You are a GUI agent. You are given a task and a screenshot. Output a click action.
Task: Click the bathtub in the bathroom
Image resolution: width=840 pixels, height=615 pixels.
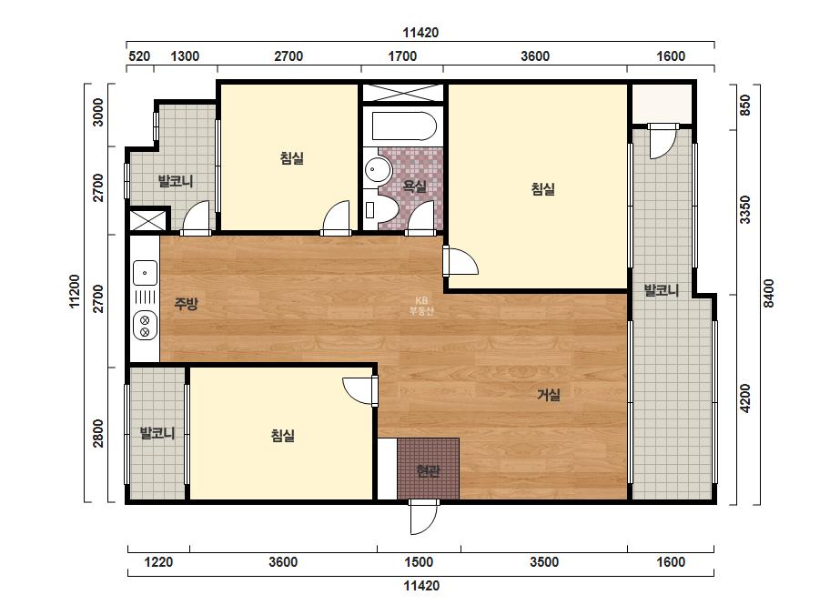coord(404,126)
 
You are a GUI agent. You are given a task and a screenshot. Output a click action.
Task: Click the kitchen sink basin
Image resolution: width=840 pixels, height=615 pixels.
coord(145,273)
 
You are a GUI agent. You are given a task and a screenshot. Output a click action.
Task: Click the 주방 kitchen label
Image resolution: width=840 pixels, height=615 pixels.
coord(186,304)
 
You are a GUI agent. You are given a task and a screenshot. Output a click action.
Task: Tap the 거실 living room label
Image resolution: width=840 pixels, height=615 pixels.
coord(549,395)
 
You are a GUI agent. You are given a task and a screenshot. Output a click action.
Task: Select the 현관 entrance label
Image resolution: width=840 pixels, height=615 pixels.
coord(428,471)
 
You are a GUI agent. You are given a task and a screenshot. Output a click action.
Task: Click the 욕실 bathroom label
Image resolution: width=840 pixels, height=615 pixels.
coord(415,187)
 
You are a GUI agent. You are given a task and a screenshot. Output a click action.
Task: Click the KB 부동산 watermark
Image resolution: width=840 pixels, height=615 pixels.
coord(421,306)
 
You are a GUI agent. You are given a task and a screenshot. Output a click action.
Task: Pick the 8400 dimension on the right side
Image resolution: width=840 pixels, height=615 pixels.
coord(769,294)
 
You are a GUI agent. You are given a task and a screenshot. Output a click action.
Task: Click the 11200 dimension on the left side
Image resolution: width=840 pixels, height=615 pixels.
coord(75,291)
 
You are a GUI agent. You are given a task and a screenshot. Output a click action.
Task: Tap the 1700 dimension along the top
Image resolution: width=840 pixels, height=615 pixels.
coord(402,56)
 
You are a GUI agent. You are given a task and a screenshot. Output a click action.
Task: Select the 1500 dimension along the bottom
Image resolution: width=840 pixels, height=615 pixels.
coord(419,562)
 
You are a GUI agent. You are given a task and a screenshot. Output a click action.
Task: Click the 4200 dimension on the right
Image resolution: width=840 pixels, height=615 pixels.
coord(745,398)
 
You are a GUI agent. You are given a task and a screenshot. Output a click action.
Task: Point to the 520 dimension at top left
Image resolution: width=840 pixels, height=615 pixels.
coord(140,56)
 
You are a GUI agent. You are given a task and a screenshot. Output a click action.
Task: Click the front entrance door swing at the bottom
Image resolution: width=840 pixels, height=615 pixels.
coord(423,518)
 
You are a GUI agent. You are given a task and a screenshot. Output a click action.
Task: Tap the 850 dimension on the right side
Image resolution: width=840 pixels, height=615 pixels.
coord(745,105)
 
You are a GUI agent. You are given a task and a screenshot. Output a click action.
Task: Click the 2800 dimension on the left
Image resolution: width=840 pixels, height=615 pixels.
coord(98,433)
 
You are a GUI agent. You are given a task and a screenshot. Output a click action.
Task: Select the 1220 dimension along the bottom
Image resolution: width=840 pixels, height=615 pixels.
coord(159,562)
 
